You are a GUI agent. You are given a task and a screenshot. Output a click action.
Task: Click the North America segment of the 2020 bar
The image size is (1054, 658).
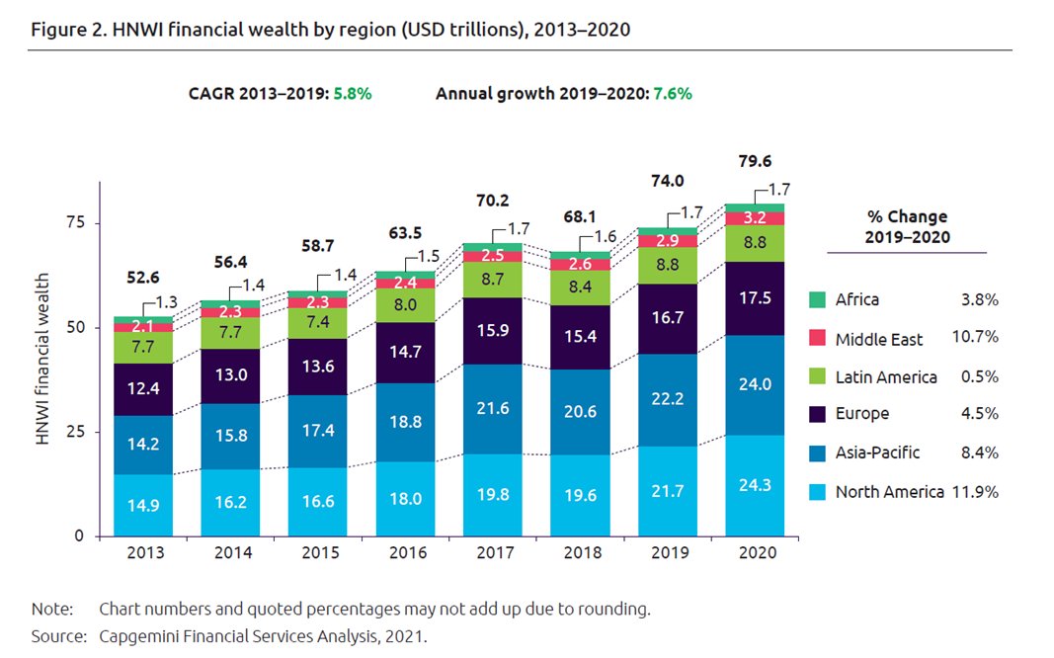coord(756,485)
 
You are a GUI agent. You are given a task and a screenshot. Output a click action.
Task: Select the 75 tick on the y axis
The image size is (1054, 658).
coord(76,223)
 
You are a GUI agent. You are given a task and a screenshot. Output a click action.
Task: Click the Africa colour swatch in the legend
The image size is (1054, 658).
coord(816,299)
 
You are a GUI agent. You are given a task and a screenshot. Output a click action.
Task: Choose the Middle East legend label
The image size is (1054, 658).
coord(878,339)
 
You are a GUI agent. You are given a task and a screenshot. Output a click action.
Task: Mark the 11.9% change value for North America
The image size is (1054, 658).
coord(975,491)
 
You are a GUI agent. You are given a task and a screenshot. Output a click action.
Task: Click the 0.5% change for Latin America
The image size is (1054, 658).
coord(978,376)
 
